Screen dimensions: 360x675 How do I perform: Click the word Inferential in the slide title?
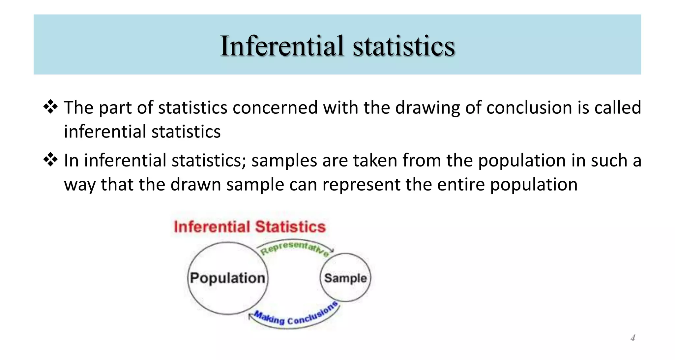[x=282, y=46]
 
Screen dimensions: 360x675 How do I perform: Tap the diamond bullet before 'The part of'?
[x=50, y=107]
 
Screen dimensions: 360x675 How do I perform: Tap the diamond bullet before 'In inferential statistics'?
[x=50, y=160]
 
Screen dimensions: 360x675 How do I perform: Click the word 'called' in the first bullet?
[x=618, y=108]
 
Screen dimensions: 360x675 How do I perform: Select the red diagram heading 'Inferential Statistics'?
[x=249, y=227]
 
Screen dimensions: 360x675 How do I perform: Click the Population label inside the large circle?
[x=227, y=278]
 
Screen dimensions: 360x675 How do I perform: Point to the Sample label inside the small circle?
[x=345, y=278]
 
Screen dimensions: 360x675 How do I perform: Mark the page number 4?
[x=632, y=338]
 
